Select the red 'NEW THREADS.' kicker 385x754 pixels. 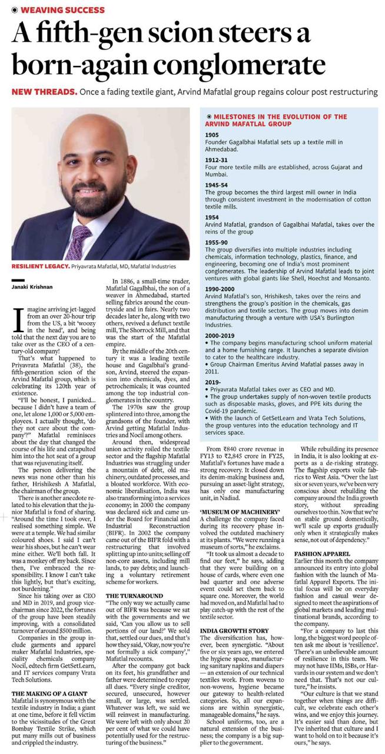pos(44,92)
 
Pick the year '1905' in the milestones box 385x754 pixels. pos(213,135)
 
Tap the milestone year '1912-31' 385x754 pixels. pos(217,159)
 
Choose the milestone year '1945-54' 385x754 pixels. pos(217,185)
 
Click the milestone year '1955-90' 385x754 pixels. pos(217,243)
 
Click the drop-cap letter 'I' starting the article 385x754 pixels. pos(16,317)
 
